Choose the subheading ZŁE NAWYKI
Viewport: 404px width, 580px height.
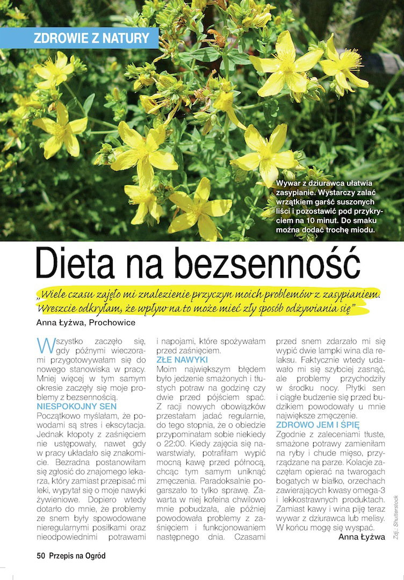[x=182, y=359]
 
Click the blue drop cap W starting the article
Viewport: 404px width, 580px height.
[x=45, y=344]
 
